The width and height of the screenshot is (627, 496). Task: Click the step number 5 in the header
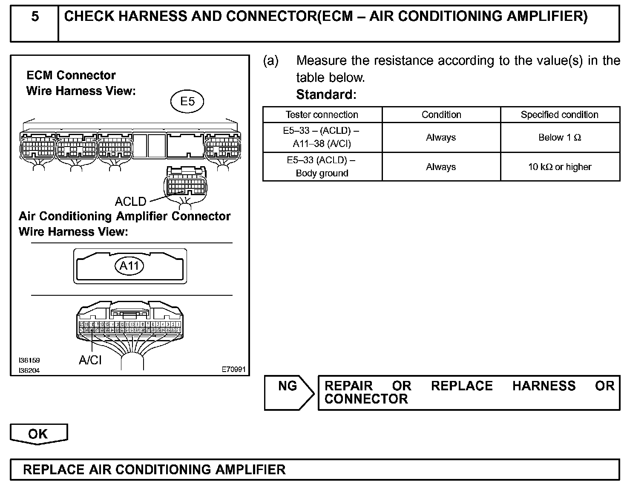(35, 17)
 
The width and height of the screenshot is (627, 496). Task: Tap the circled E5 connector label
(187, 101)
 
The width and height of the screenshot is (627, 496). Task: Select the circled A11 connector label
(129, 266)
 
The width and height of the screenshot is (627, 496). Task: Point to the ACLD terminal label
(131, 201)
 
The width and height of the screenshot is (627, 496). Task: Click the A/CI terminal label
(90, 360)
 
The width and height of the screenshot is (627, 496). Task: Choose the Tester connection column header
(322, 115)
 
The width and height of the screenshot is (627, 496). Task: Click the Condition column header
(441, 115)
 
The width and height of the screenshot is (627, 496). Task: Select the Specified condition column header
(560, 115)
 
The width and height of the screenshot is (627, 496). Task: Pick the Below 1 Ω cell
(560, 137)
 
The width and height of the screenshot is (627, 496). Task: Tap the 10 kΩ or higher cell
(560, 167)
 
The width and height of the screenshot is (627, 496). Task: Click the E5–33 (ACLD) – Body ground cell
(322, 167)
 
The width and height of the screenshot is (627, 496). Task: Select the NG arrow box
(288, 392)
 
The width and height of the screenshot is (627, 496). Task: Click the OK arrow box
(38, 434)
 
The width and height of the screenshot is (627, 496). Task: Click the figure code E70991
(233, 369)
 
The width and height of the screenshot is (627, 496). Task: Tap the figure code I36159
(29, 360)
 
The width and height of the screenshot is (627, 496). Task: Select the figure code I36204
(29, 371)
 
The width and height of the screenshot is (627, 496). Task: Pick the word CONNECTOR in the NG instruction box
(366, 399)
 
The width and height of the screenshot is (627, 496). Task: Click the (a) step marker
(271, 61)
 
